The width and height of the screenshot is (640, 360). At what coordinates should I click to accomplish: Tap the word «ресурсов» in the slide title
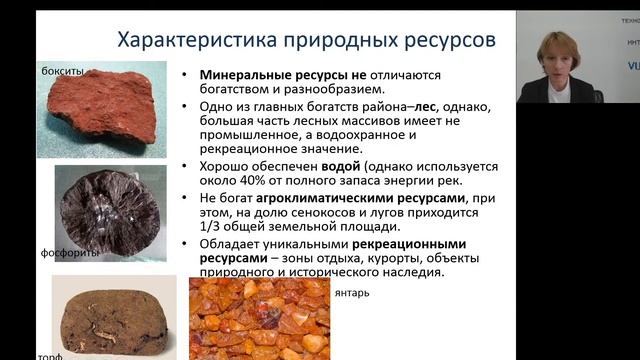(x=444, y=41)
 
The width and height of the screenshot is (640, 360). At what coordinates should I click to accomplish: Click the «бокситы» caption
(x=62, y=72)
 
